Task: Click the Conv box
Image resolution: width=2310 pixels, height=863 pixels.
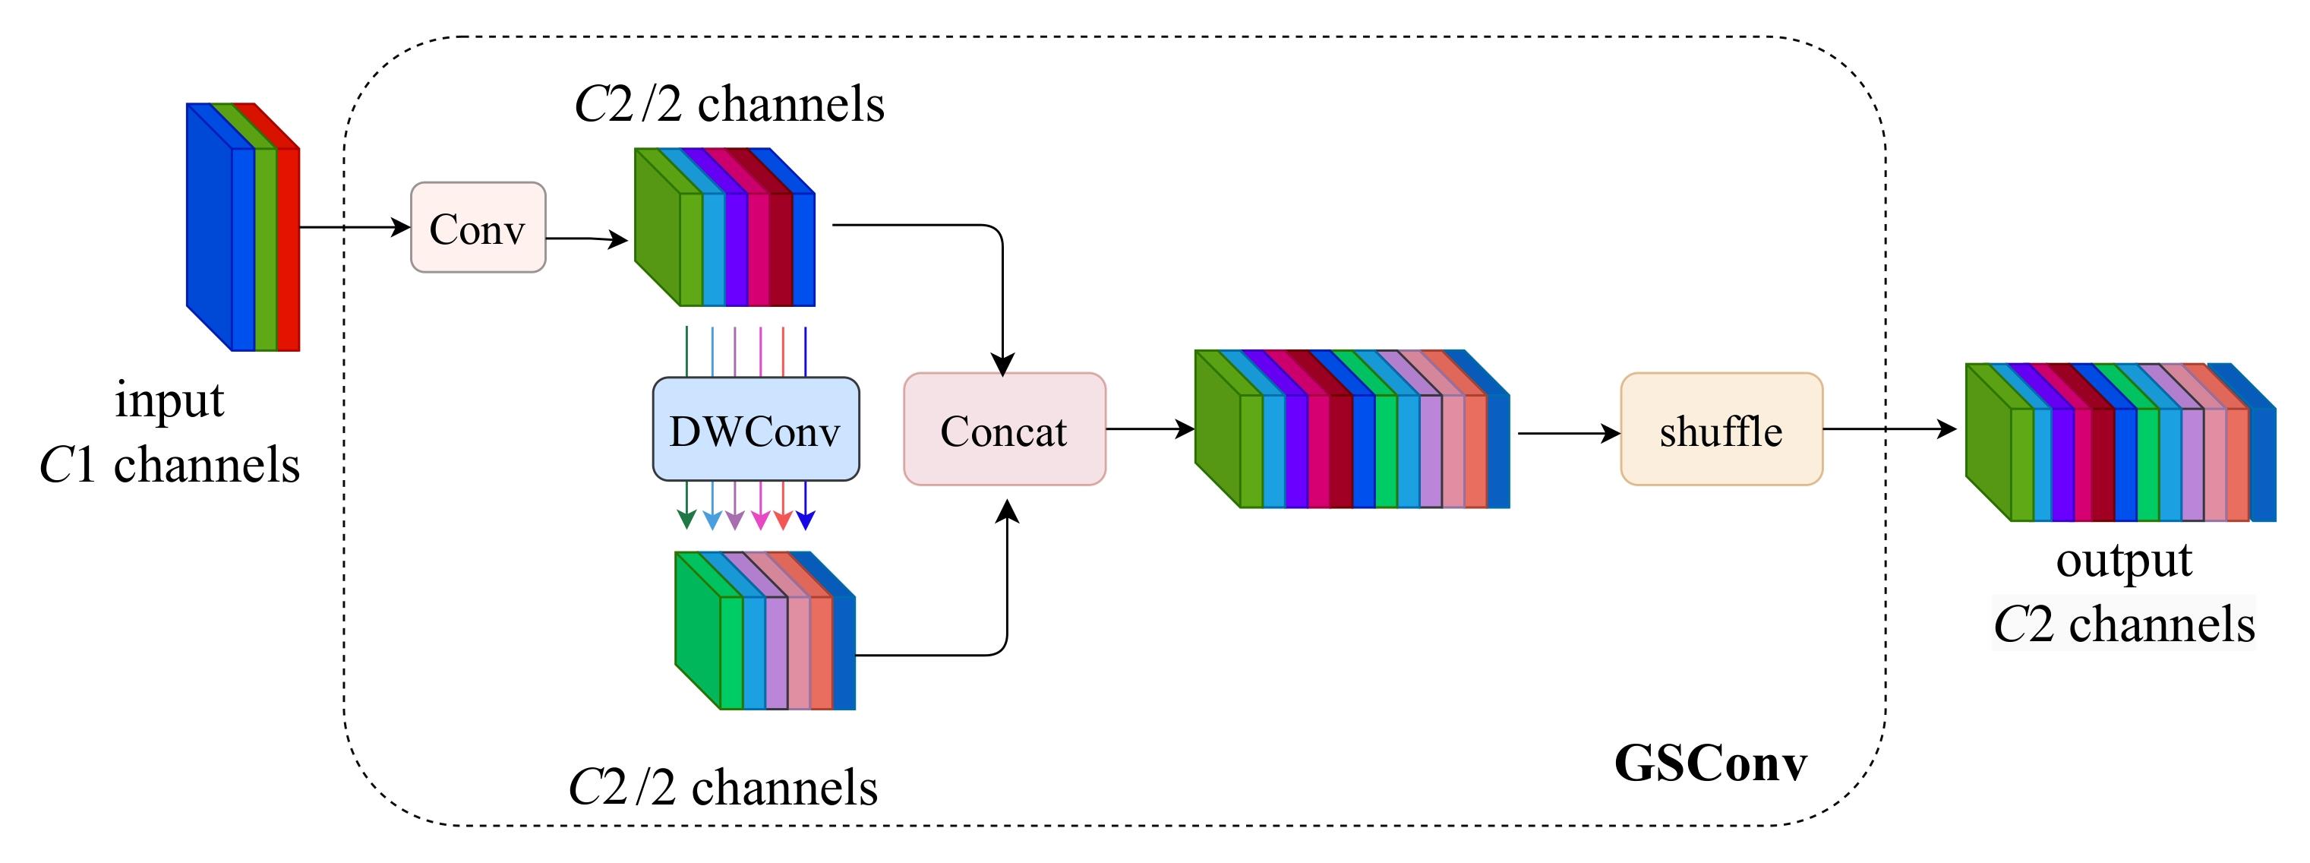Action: [x=478, y=228]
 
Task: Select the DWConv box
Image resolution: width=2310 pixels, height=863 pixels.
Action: [x=755, y=430]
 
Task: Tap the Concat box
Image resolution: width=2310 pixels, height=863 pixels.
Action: [x=1003, y=430]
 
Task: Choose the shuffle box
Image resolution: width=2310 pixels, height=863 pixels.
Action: [x=1721, y=430]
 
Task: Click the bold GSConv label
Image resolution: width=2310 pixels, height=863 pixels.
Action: [x=1709, y=764]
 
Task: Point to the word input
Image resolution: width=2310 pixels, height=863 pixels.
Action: [x=169, y=400]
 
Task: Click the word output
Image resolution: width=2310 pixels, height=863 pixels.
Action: [x=2123, y=561]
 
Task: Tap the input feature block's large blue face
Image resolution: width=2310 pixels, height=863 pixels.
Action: [x=209, y=224]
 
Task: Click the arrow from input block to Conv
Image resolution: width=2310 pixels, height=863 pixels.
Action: [x=354, y=227]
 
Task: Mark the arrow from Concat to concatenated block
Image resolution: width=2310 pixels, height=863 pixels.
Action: [x=1150, y=428]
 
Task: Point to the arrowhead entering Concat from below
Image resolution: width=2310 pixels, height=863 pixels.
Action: [x=1008, y=511]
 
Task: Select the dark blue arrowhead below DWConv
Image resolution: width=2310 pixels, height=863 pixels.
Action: [x=805, y=520]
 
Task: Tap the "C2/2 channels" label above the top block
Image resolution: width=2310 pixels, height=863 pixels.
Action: [x=729, y=105]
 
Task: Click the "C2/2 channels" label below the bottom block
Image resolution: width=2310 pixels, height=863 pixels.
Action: [x=723, y=788]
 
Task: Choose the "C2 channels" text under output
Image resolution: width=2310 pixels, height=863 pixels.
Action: [x=2122, y=624]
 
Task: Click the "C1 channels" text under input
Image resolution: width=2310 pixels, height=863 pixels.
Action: [x=169, y=466]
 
